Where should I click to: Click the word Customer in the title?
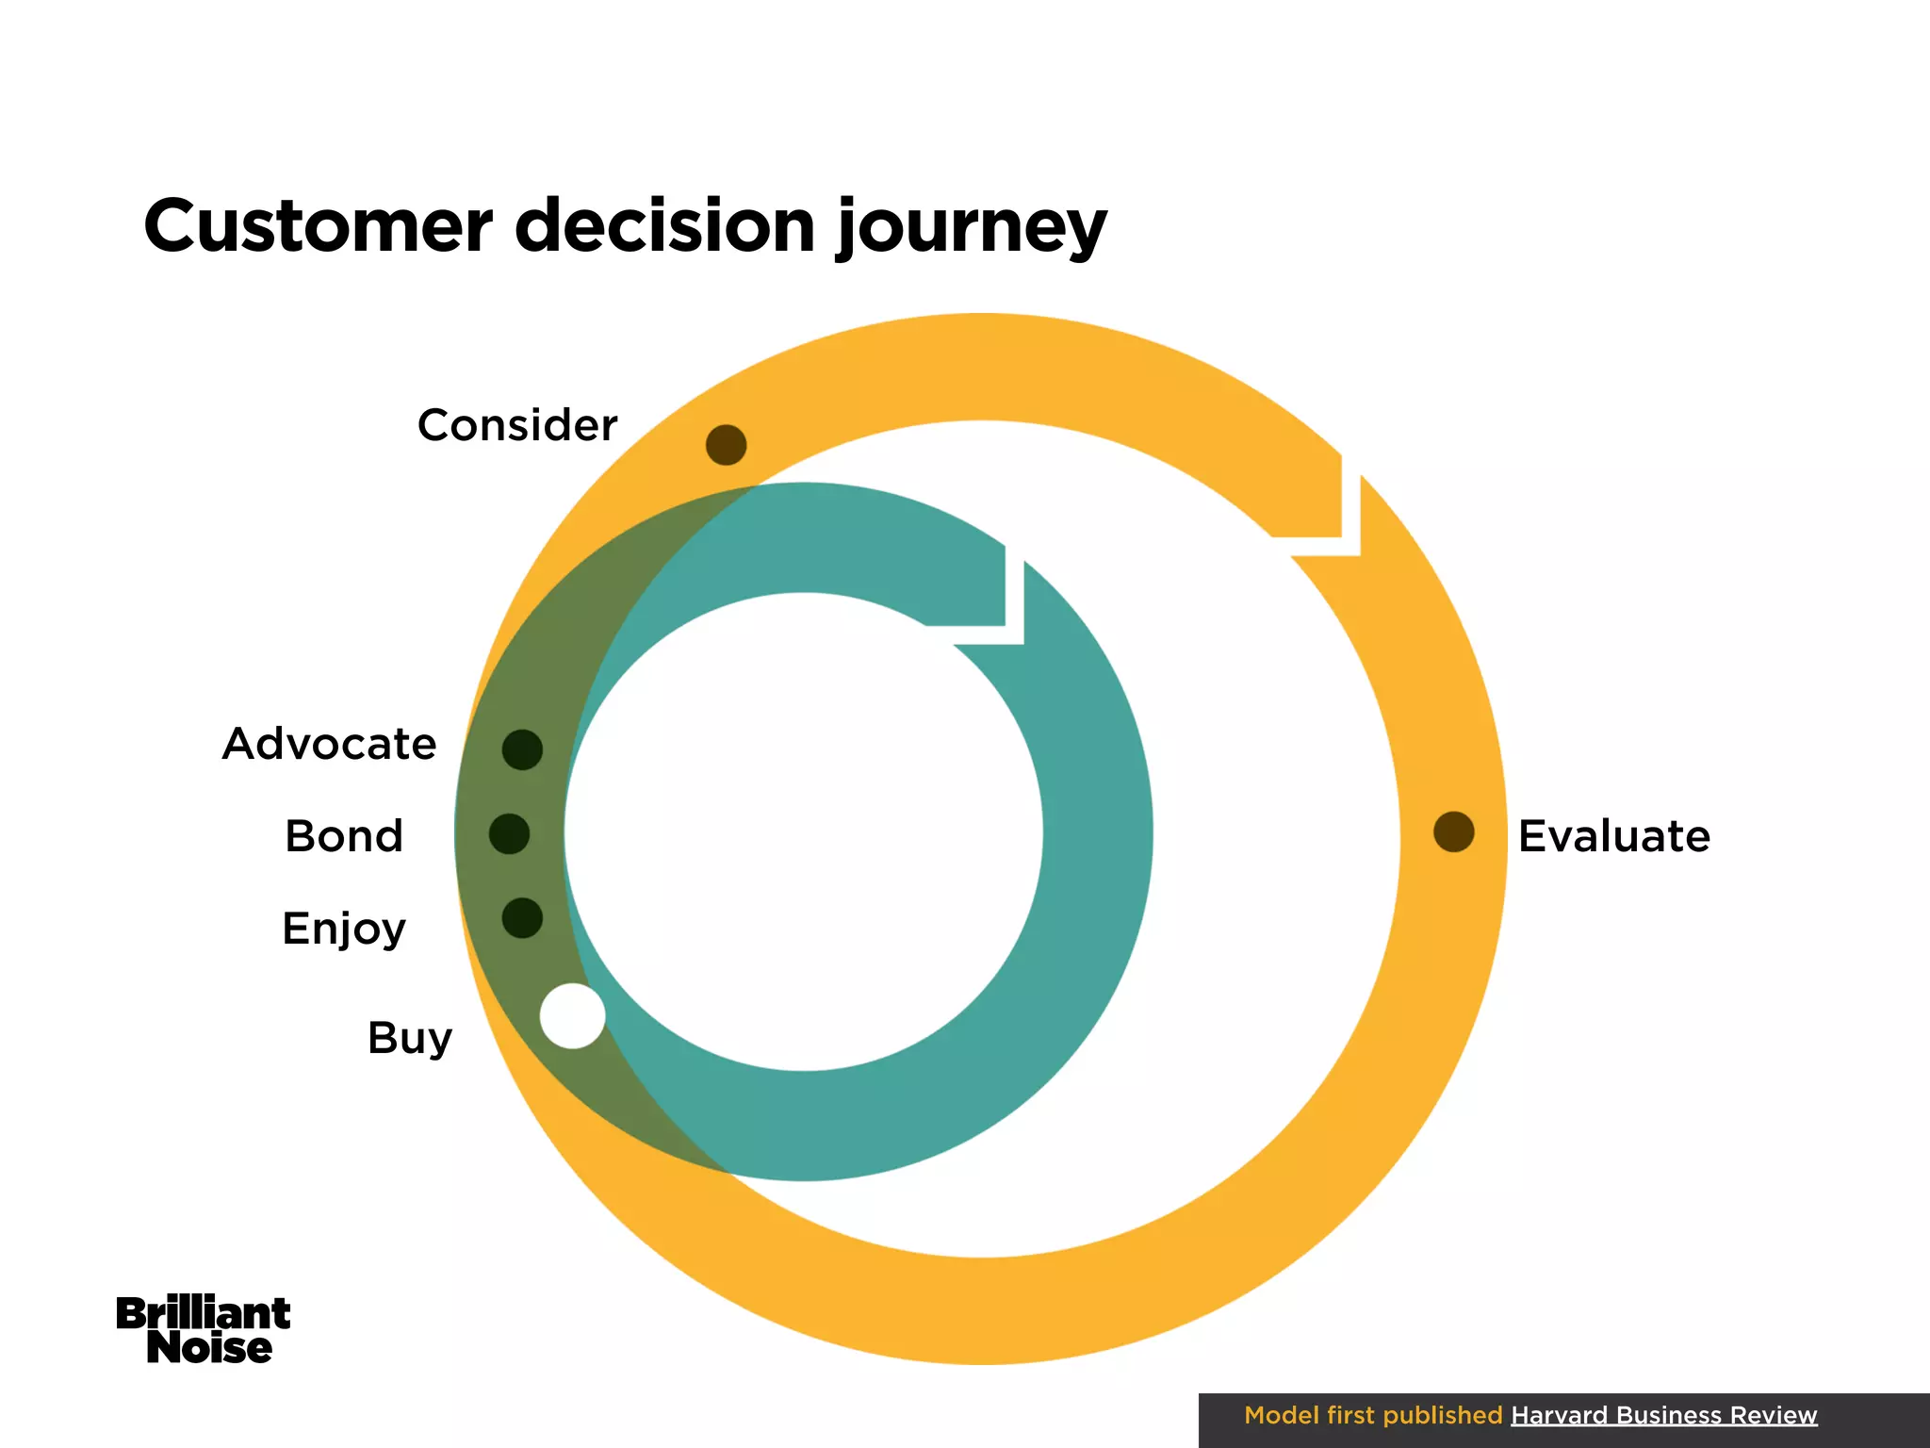[318, 226]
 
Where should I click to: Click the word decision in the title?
[664, 226]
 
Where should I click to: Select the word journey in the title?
[971, 229]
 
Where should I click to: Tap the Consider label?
[517, 425]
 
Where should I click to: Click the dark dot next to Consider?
[727, 445]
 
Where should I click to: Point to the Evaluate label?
[1613, 836]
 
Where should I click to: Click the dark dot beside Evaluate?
[1453, 831]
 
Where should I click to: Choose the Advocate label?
[330, 744]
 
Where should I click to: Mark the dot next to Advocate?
[522, 749]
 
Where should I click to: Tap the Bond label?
[344, 836]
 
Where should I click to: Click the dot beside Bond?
[509, 834]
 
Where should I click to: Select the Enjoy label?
[344, 930]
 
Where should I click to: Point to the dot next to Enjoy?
[522, 918]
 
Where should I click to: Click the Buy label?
[410, 1039]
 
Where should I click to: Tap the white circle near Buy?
[572, 1016]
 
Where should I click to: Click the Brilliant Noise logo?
[204, 1330]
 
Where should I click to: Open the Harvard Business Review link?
[1663, 1415]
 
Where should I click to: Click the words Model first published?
[1372, 1415]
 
